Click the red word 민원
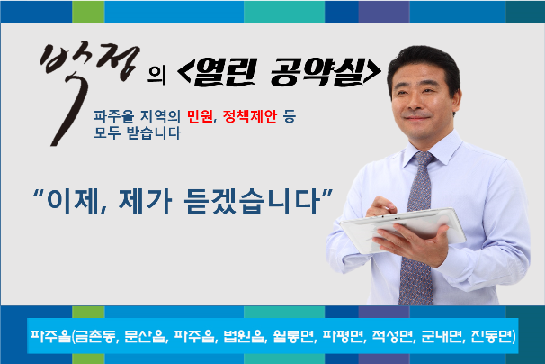coord(200,116)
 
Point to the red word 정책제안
coord(249,116)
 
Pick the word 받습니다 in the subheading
coord(154,132)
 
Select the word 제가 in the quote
coord(146,201)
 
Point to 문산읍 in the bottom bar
coord(145,336)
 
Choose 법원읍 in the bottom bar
coord(244,336)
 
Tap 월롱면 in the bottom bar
coord(293,336)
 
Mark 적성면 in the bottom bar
coord(392,336)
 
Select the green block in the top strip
coord(88,12)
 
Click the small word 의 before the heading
coord(156,76)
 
